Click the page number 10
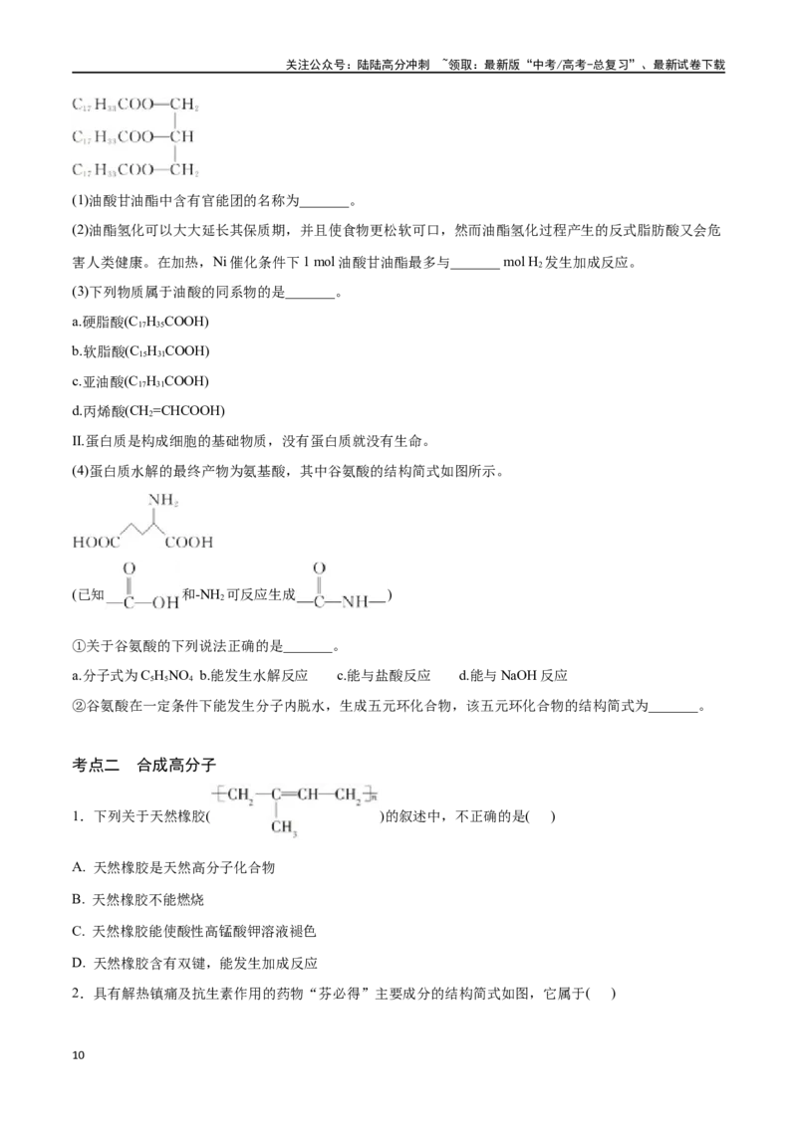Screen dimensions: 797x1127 click(79, 1055)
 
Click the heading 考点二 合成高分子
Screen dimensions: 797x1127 click(143, 765)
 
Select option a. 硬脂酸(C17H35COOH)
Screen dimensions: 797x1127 click(140, 322)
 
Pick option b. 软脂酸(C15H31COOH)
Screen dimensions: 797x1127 click(140, 350)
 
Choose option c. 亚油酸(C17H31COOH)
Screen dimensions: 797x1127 click(140, 381)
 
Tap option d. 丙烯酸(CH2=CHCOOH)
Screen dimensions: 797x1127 click(148, 410)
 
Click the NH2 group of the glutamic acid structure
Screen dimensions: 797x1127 click(162, 500)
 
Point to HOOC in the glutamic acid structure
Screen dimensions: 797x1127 click(97, 542)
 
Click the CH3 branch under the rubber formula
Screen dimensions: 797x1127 click(284, 827)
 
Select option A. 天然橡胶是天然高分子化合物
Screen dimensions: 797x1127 click(173, 867)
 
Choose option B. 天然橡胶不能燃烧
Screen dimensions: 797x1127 click(138, 899)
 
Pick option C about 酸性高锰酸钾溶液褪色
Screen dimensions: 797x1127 click(194, 931)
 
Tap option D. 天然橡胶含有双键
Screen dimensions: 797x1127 click(195, 963)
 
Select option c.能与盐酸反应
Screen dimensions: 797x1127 click(384, 676)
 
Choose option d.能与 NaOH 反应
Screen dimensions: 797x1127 click(513, 676)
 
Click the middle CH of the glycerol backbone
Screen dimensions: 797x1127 click(181, 136)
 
